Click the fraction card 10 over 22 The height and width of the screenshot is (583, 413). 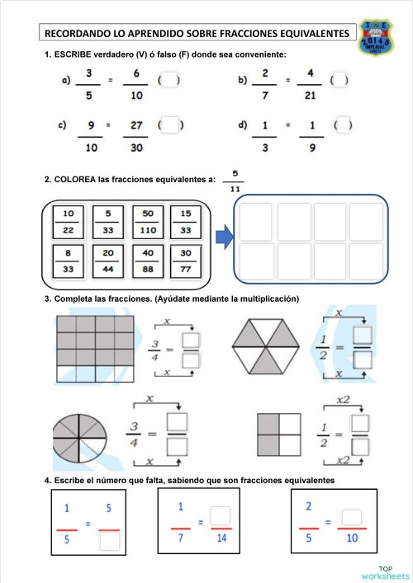click(68, 220)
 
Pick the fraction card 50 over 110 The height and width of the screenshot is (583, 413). click(148, 220)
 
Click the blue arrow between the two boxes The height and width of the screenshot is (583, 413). click(223, 239)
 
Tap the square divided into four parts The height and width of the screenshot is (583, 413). click(279, 434)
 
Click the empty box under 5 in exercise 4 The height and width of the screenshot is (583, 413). click(109, 541)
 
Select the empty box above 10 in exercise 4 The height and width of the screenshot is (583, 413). click(352, 517)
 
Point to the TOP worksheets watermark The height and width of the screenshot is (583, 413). click(386, 572)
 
